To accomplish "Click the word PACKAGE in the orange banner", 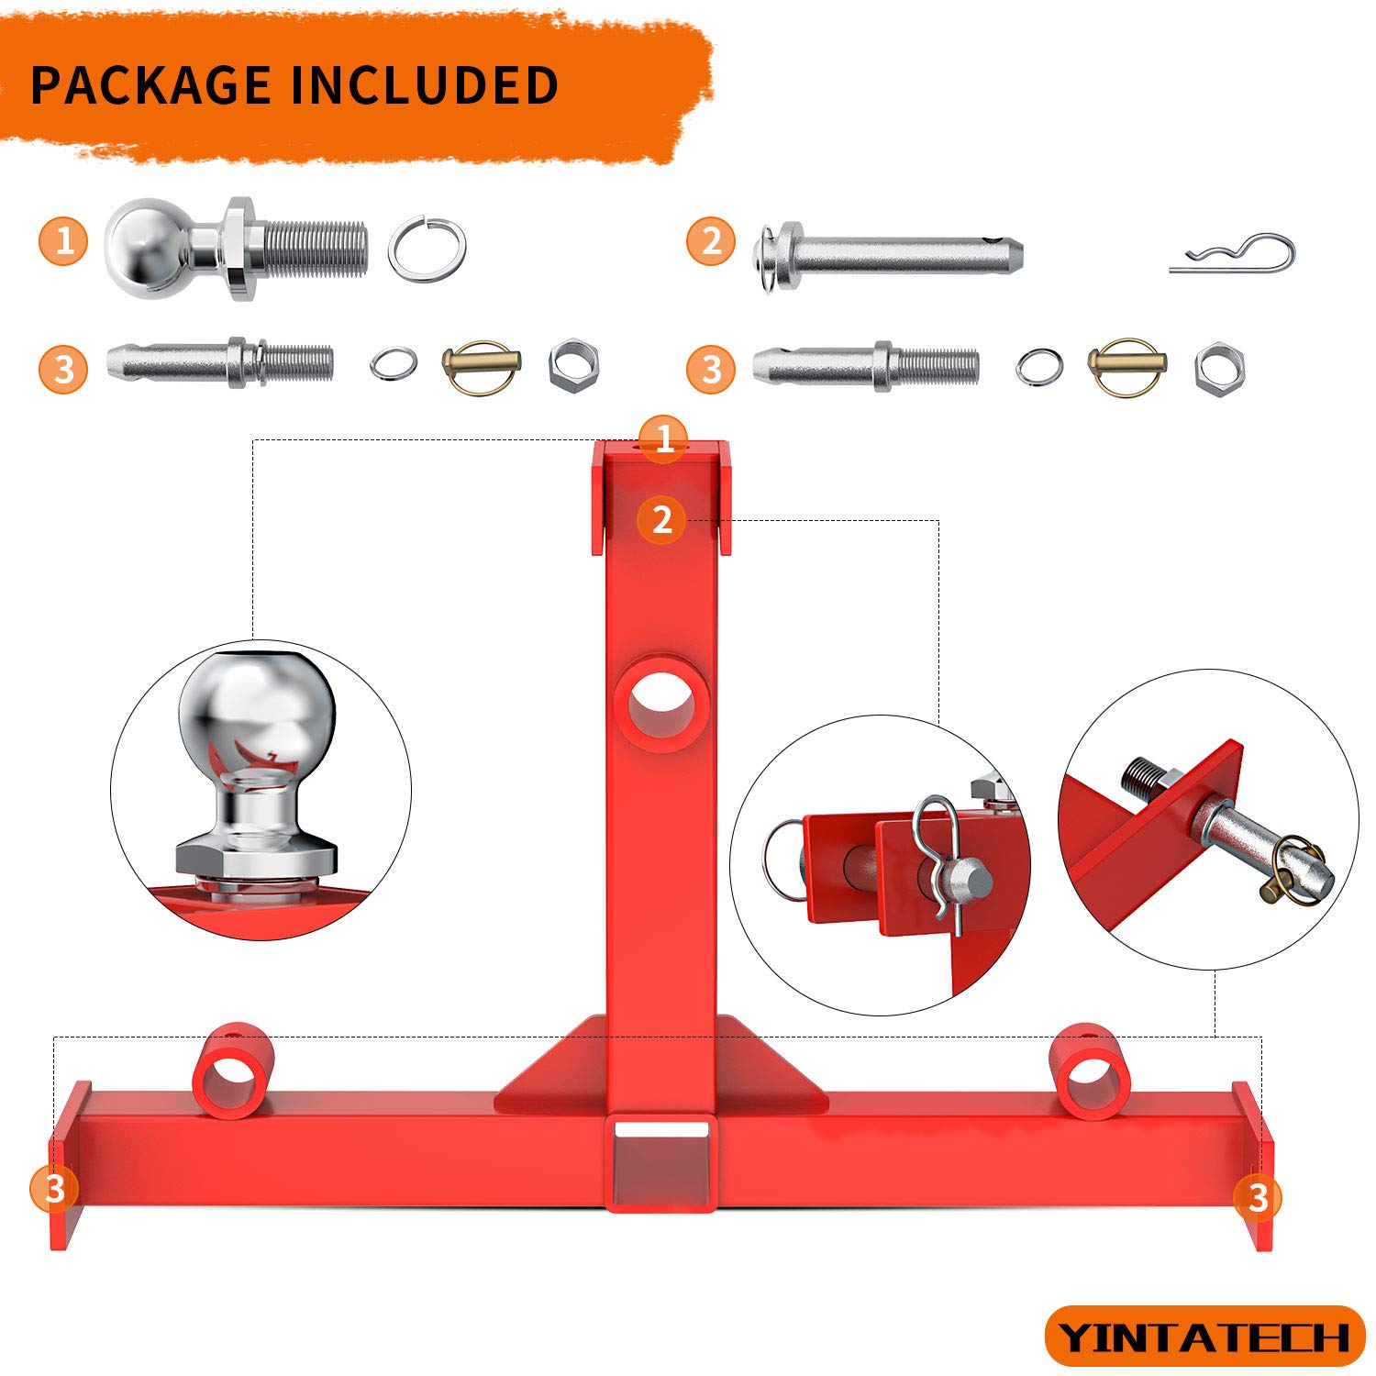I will [151, 84].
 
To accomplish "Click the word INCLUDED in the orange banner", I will [424, 84].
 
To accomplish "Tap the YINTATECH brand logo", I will [1204, 1337].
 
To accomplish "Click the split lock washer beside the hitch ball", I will [427, 248].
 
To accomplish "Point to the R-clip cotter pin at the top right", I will [1234, 255].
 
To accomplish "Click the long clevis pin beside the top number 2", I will [894, 254].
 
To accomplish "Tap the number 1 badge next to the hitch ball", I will [63, 241].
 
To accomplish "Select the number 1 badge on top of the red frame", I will [663, 438].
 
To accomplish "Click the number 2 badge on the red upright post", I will [661, 520].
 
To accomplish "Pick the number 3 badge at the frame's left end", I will [54, 1189].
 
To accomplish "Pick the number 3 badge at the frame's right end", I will [1258, 1197].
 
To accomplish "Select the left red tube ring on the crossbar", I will [232, 1071].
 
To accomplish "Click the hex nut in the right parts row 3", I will [1220, 367].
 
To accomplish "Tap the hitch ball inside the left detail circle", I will [258, 725].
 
